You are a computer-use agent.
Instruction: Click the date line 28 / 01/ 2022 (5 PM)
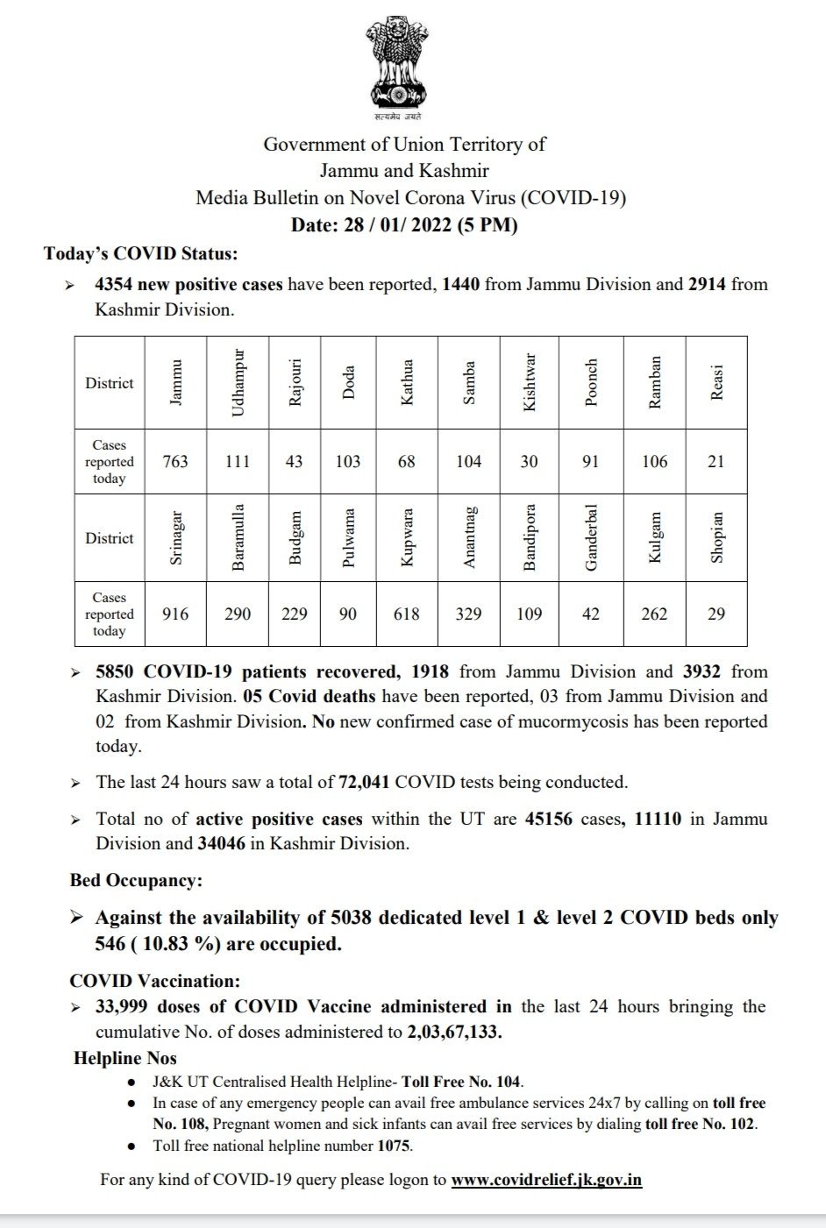pos(404,225)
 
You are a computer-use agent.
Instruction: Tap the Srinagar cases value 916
pos(175,614)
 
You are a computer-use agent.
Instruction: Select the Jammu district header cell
pos(175,383)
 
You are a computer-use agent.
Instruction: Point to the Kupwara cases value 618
pos(406,614)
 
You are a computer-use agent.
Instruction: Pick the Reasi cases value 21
pos(716,462)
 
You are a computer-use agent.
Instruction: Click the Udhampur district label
pos(237,383)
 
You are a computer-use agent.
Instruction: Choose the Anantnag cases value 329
pos(468,614)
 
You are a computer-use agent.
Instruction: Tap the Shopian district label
pos(716,538)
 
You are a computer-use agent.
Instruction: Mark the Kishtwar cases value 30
pos(529,462)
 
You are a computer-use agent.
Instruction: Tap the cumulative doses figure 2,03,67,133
pos(454,1032)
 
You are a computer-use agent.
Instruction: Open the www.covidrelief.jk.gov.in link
pos(546,1180)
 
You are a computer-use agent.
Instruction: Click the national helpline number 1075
pos(394,1146)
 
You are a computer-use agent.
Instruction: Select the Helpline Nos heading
pos(125,1058)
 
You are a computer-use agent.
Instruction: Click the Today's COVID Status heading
pos(140,254)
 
